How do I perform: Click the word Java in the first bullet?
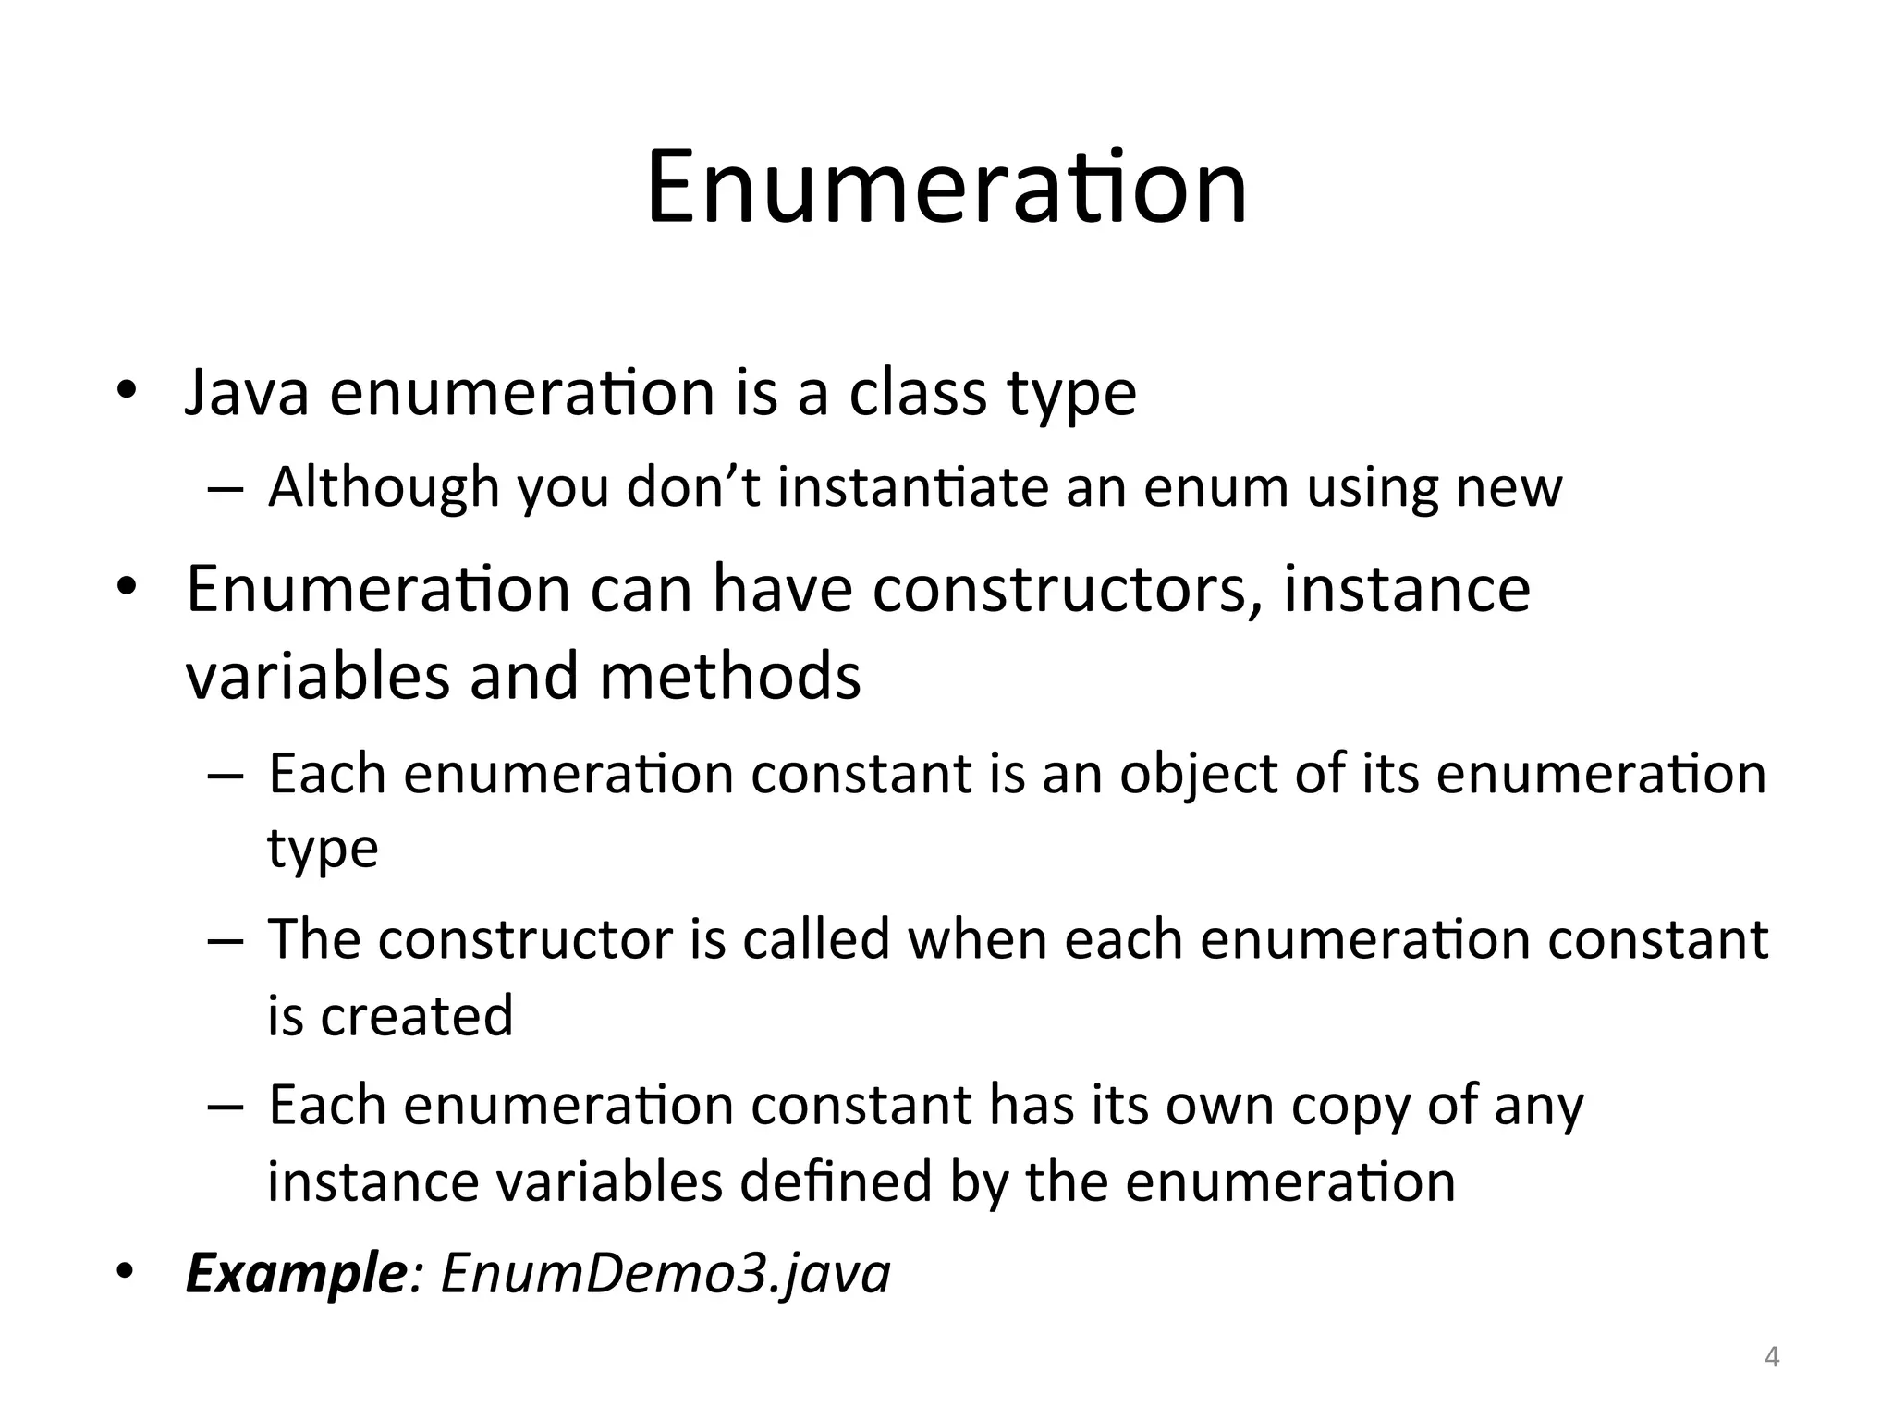(x=247, y=393)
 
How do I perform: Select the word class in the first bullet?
(x=918, y=393)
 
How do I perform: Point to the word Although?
(x=384, y=487)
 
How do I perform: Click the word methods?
(x=730, y=676)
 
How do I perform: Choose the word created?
(x=417, y=1015)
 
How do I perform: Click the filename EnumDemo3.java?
(x=666, y=1274)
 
